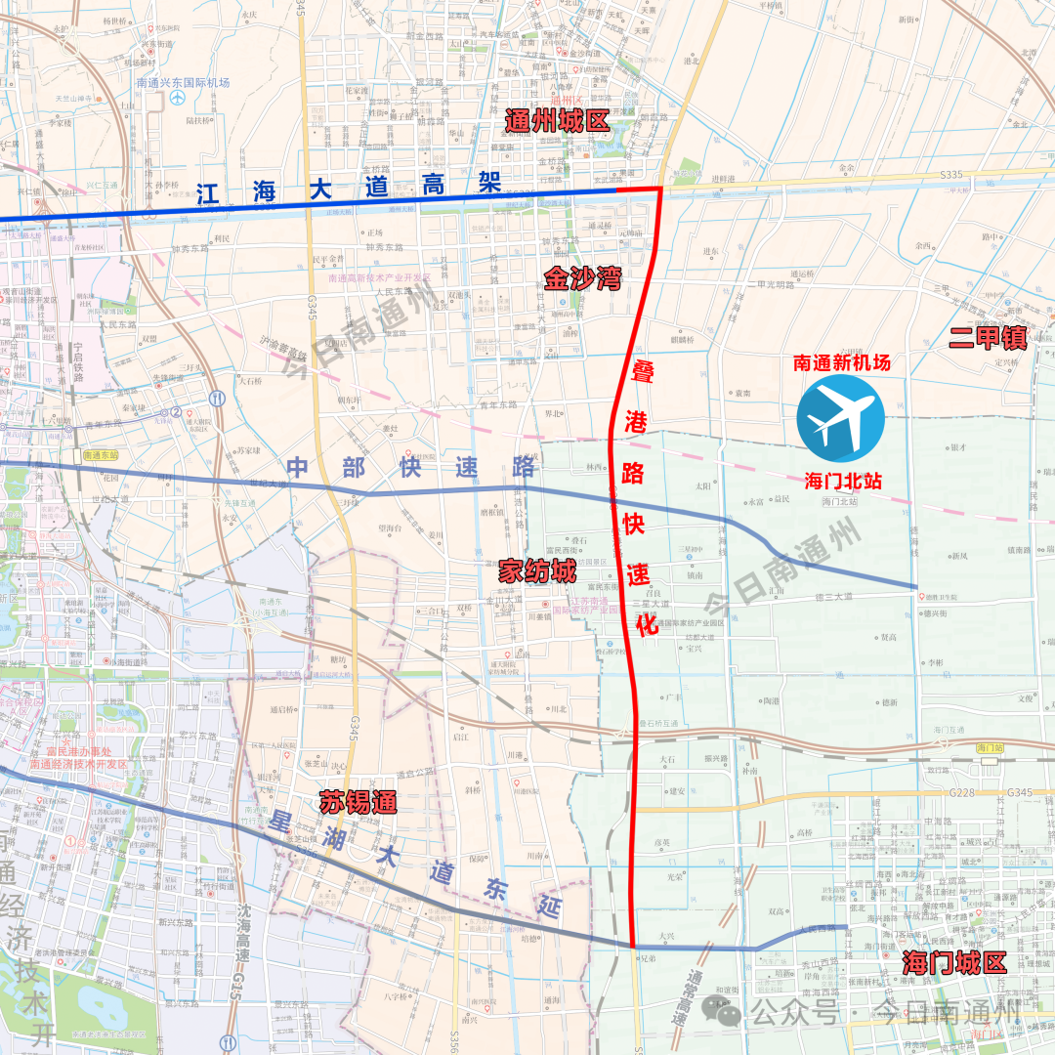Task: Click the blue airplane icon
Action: click(840, 418)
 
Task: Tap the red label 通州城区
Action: click(556, 122)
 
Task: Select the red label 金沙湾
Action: click(582, 280)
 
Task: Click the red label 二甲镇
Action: click(988, 338)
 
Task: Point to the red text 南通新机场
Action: click(841, 362)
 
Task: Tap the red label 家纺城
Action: click(537, 571)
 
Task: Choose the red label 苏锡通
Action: click(358, 804)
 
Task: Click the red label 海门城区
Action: click(954, 962)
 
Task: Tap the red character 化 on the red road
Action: click(646, 625)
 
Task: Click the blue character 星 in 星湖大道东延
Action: click(284, 822)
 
